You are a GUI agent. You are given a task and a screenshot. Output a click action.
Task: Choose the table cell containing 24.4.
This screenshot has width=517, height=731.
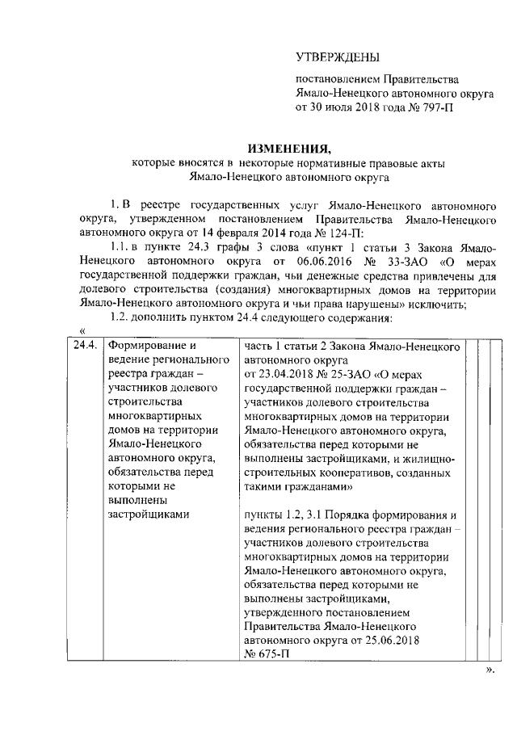click(x=86, y=346)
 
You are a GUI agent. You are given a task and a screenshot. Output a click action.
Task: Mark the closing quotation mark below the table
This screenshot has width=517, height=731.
click(x=489, y=670)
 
